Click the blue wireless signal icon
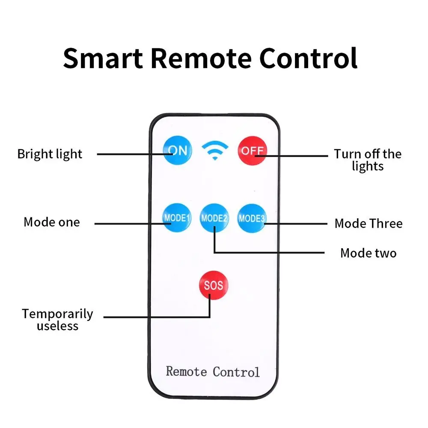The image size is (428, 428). (x=215, y=151)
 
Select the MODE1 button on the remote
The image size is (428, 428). (x=177, y=218)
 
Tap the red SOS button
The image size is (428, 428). (x=213, y=285)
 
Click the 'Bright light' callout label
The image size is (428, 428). (x=50, y=154)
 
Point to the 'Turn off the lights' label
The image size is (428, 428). (x=368, y=160)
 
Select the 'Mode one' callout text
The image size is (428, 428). (x=51, y=222)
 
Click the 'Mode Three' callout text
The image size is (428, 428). (x=369, y=223)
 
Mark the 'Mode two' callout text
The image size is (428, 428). (x=368, y=253)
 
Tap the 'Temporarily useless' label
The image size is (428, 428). (x=57, y=320)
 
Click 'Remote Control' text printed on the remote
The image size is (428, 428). (x=213, y=371)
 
